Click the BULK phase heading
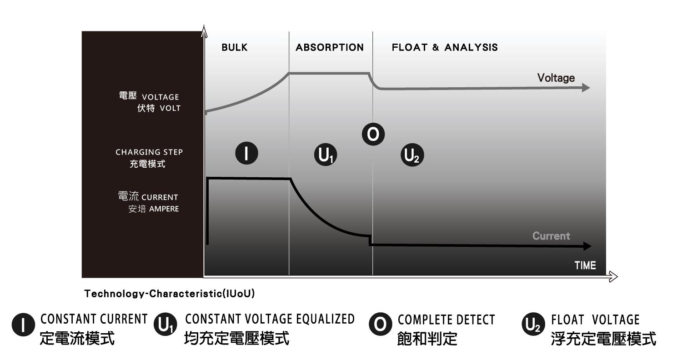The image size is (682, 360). [x=235, y=47]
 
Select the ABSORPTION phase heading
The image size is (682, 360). [x=330, y=47]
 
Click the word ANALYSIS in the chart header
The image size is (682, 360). [x=471, y=47]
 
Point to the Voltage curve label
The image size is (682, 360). [x=556, y=78]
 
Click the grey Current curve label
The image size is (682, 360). [x=551, y=236]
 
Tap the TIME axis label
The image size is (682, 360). [x=585, y=265]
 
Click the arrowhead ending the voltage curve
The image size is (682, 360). [x=586, y=88]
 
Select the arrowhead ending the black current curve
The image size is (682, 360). [x=587, y=246]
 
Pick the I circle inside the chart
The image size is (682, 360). [x=246, y=153]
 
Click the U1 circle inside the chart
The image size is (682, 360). [x=326, y=155]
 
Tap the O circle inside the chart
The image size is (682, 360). [x=373, y=134]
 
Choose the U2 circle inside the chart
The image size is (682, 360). [x=412, y=155]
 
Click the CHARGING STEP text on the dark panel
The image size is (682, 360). [x=149, y=152]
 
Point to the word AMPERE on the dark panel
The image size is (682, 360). [x=164, y=209]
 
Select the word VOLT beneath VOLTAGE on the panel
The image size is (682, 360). [x=170, y=108]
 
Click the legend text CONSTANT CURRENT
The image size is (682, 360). [x=94, y=319]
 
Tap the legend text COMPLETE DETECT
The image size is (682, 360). [x=446, y=320]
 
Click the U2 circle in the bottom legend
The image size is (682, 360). [x=533, y=324]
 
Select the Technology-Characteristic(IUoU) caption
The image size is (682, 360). [x=170, y=294]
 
